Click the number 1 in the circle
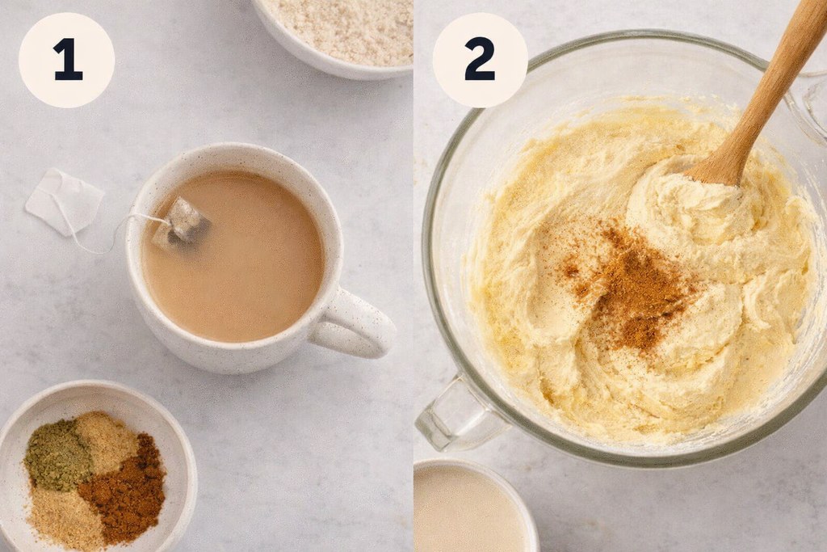tap(68, 61)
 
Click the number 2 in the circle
tap(479, 61)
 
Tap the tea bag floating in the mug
tap(184, 223)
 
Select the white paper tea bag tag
tap(64, 200)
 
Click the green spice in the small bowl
tap(57, 453)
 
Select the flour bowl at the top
tap(339, 32)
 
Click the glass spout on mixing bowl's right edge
tap(812, 101)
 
